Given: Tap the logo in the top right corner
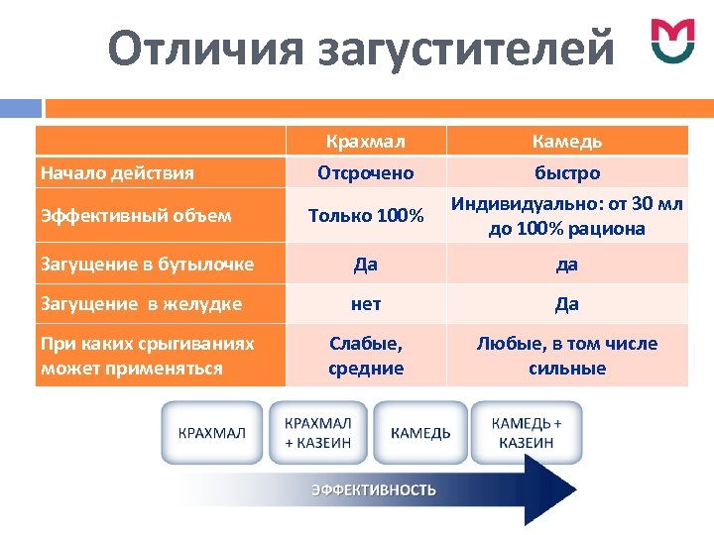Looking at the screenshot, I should [672, 41].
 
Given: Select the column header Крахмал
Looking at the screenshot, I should [365, 141].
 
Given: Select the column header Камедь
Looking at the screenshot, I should [567, 141].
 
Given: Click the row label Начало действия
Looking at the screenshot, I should [117, 173].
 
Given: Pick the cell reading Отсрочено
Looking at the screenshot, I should [365, 173].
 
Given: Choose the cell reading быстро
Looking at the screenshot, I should [567, 173].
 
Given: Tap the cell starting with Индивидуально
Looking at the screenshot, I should [567, 216].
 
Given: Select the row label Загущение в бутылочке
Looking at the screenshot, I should [147, 265].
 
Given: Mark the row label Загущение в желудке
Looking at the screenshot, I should [141, 304].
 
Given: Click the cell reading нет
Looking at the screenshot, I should [365, 304].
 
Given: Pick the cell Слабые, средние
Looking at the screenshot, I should [365, 356].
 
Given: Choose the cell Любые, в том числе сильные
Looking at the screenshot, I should [567, 356].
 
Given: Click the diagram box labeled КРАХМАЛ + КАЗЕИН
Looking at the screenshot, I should [317, 432].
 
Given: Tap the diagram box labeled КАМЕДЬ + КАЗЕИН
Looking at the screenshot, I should [527, 432].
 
